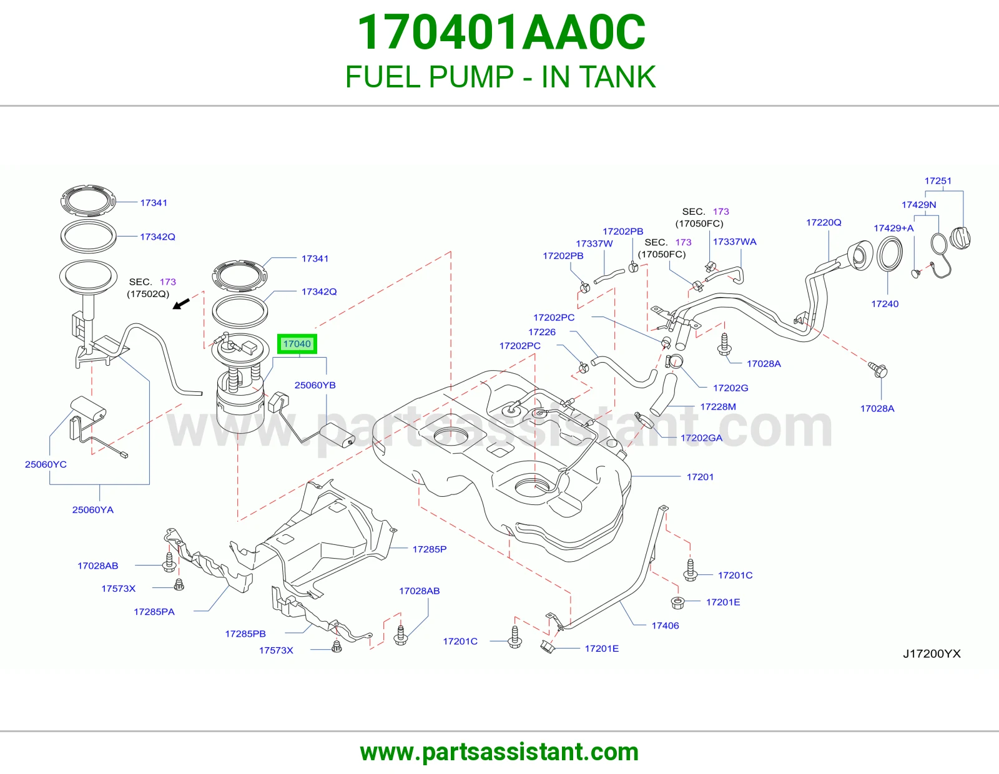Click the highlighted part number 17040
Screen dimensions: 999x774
(297, 344)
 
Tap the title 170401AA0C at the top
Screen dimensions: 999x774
(501, 32)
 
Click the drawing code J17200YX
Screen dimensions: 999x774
(932, 654)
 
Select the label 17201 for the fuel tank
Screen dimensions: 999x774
(700, 477)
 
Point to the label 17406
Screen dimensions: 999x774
(665, 625)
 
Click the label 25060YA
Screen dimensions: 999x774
(93, 509)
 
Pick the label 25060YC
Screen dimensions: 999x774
(46, 464)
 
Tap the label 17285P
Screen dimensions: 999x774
(430, 549)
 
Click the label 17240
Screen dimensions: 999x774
(885, 303)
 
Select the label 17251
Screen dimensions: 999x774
(938, 180)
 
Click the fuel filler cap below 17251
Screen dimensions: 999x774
(960, 240)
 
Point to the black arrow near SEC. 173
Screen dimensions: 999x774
(181, 303)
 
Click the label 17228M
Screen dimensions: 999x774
(717, 406)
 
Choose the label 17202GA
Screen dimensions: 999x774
(701, 438)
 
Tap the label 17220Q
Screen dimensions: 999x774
(824, 222)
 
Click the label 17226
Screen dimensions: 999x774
(541, 332)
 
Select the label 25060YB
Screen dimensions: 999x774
(315, 385)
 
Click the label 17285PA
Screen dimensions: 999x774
(154, 612)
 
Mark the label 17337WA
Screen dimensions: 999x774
(734, 242)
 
